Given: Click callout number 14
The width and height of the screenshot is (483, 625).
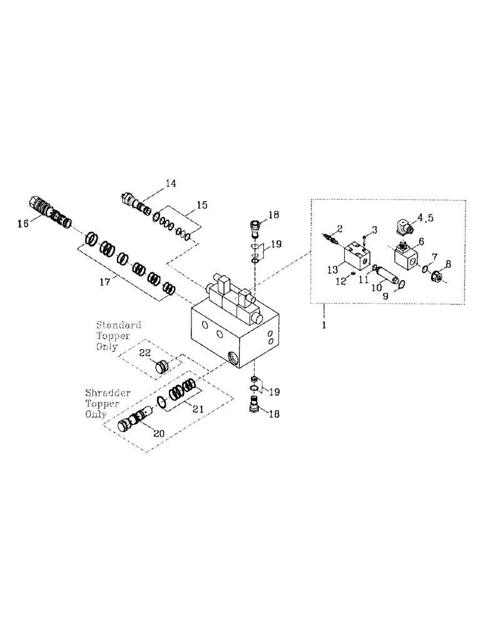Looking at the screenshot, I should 171,183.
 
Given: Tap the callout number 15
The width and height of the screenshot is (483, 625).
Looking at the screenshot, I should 202,204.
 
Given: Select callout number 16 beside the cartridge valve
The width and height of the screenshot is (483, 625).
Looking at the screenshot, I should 23,222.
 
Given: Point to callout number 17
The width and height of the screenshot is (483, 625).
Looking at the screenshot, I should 104,282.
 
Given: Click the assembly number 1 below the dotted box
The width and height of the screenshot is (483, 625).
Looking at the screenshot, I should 323,324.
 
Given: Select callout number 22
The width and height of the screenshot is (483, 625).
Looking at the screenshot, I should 145,353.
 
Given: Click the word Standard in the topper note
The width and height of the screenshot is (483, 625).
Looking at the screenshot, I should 118,326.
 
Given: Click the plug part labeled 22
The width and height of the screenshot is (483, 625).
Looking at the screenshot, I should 163,366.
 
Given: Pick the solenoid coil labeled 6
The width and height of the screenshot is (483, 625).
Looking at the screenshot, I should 404,257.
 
